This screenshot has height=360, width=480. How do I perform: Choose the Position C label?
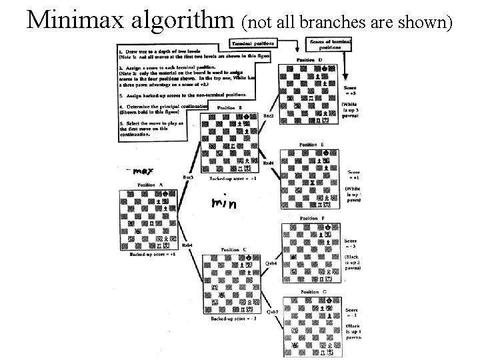pyautogui.click(x=235, y=249)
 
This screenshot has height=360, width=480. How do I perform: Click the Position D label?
pyautogui.click(x=311, y=61)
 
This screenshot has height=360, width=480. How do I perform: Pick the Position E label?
pyautogui.click(x=311, y=145)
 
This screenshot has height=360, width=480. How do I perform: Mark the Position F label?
pyautogui.click(x=313, y=218)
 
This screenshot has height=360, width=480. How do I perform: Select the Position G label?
pyautogui.click(x=312, y=291)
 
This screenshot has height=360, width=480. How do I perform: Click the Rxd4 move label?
pyautogui.click(x=268, y=162)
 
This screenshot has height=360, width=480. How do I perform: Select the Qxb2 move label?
pyautogui.click(x=272, y=311)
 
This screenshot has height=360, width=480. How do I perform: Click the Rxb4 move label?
pyautogui.click(x=187, y=245)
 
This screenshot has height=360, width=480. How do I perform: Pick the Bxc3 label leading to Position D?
pyautogui.click(x=269, y=115)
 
